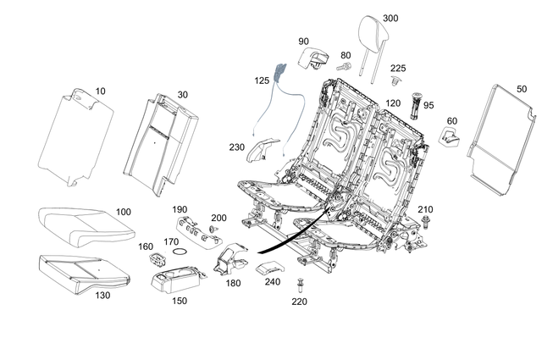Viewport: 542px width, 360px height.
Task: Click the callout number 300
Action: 390,18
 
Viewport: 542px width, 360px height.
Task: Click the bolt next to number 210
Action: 423,222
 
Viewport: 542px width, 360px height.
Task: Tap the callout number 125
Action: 262,80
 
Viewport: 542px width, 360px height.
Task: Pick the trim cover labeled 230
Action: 263,151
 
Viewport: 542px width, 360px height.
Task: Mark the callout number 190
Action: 179,208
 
